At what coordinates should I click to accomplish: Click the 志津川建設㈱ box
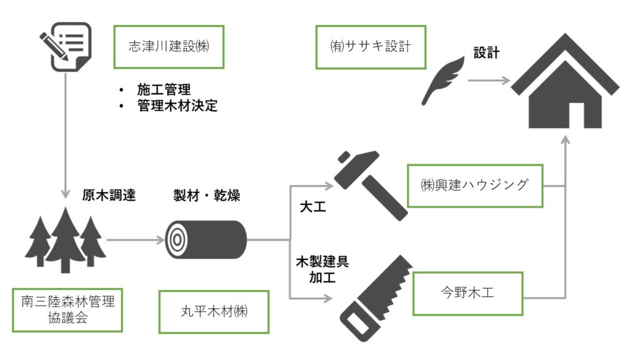click(x=169, y=47)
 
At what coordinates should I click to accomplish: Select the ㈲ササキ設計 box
click(x=371, y=47)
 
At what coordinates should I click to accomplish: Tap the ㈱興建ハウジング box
click(x=474, y=186)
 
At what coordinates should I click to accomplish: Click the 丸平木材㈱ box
click(x=214, y=311)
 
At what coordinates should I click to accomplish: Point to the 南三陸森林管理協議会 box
click(x=67, y=309)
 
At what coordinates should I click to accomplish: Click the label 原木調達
click(x=109, y=194)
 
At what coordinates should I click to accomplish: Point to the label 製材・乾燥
click(x=206, y=194)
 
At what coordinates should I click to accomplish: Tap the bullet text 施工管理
click(x=164, y=89)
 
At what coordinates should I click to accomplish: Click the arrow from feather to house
click(x=489, y=81)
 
